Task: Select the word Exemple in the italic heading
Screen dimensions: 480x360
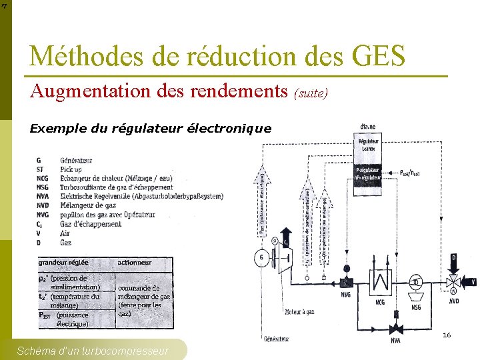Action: coord(53,129)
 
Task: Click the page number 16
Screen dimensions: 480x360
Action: coord(447,335)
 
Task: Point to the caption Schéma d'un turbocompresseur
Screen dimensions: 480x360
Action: coord(93,351)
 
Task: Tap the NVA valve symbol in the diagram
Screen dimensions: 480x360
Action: coord(397,328)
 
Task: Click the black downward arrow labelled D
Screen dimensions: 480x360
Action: coord(454,260)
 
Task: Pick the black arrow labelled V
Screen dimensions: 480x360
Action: coord(469,281)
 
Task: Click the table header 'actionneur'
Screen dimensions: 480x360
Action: coord(135,263)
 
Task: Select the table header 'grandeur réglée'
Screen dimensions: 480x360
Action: coord(63,263)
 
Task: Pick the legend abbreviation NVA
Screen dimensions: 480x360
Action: coord(43,197)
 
